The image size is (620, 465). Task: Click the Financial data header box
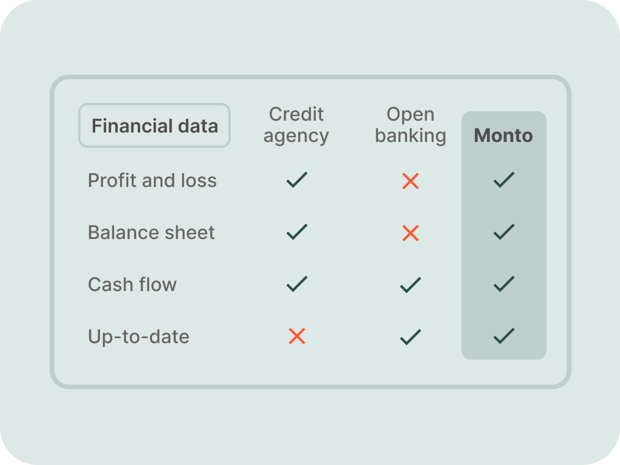pos(154,125)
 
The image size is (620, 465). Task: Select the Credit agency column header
pos(296,125)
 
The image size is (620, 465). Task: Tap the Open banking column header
pos(411,125)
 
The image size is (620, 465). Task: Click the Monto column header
pos(503,135)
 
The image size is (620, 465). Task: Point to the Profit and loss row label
pos(152,180)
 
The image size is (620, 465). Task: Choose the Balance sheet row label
pos(151,232)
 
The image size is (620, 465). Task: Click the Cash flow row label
pos(132,285)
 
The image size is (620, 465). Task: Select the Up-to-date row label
pos(138,337)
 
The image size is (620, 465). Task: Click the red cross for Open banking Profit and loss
pos(411,181)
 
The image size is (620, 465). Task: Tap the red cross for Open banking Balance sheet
pos(411,233)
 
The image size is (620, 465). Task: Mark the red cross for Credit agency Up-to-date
pos(297,336)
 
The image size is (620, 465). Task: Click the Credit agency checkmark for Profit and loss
pos(297,179)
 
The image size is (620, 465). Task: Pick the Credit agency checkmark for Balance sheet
pos(297,232)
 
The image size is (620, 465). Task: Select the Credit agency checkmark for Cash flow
pos(297,283)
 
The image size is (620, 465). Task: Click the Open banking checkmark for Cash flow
pos(411,285)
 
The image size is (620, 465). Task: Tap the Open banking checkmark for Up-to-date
pos(411,337)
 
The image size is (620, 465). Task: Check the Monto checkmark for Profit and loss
pos(504,179)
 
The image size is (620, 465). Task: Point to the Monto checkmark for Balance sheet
pos(504,232)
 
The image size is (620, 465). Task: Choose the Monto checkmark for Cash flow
pos(504,283)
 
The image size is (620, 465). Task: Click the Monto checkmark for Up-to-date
pos(504,335)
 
